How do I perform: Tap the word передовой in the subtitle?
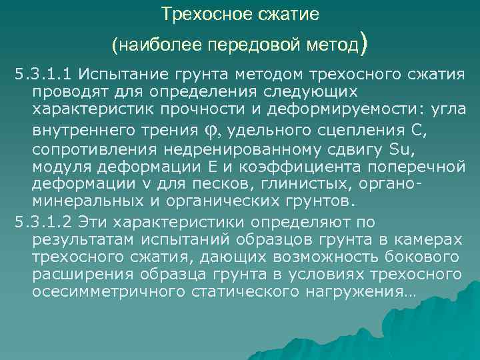[x=248, y=45]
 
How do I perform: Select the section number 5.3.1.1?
[x=38, y=73]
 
